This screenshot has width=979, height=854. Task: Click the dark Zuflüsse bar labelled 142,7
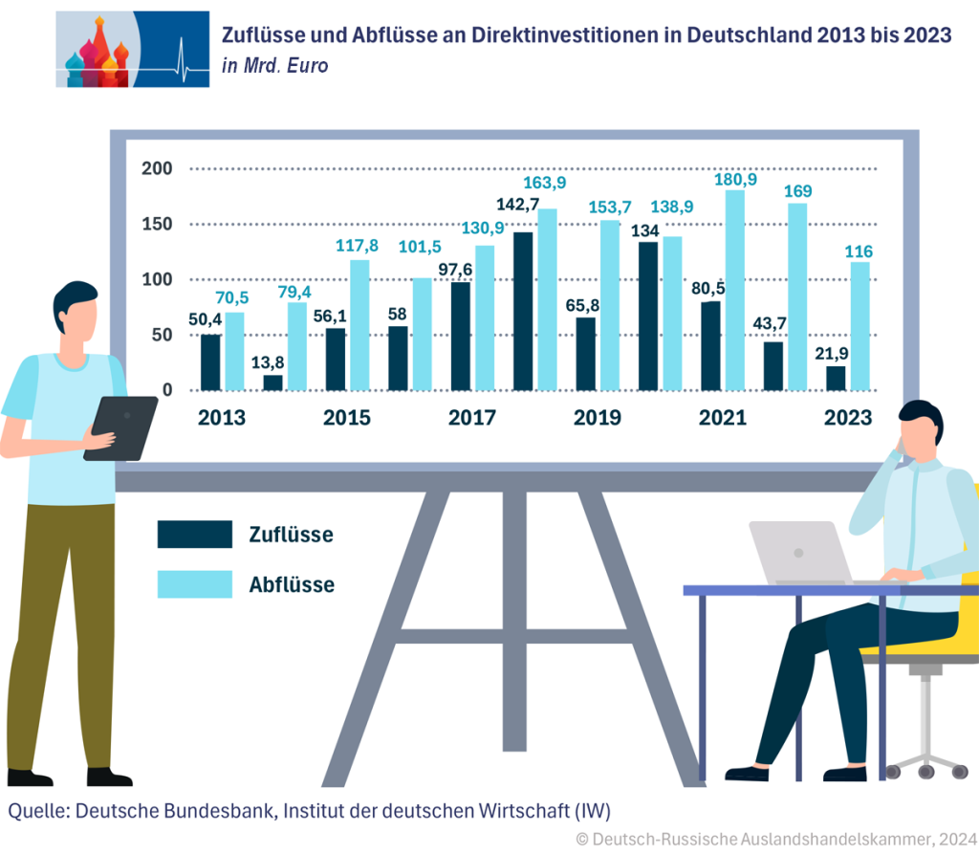[x=523, y=311]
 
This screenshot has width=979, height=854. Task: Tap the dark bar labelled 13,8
[x=273, y=383]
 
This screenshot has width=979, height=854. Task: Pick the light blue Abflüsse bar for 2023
[x=860, y=326]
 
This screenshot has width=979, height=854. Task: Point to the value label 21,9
[x=835, y=352]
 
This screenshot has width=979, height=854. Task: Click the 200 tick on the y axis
[x=156, y=169]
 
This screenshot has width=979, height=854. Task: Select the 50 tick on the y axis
[x=162, y=335]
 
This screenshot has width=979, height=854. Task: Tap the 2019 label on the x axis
[x=597, y=418]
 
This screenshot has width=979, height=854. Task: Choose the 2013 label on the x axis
[x=222, y=418]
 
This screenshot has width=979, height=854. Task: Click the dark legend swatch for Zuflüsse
[x=195, y=535]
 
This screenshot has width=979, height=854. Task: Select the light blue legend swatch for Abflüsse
[x=195, y=584]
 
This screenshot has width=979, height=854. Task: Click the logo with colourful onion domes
[x=132, y=50]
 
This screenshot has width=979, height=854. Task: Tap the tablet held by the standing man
[x=120, y=427]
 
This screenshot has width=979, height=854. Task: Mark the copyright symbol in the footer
[x=581, y=839]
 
